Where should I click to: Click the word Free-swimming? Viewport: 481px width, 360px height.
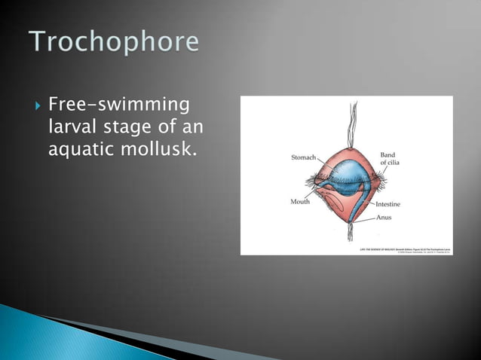click(x=118, y=102)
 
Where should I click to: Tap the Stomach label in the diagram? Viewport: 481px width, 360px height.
click(x=303, y=157)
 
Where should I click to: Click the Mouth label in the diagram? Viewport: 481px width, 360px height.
click(x=300, y=201)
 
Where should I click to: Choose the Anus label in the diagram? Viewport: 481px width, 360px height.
click(x=384, y=218)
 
